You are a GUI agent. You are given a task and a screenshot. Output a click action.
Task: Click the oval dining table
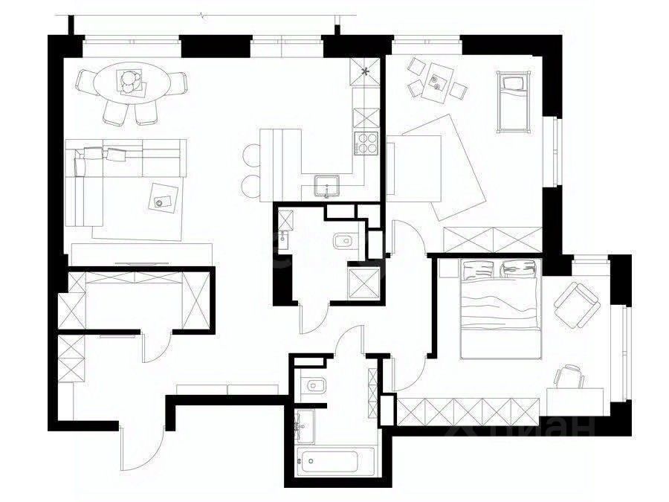pos(132,83)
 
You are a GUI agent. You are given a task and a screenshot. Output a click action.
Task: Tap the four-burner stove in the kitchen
pos(366,144)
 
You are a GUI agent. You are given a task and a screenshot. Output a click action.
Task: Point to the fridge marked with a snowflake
pos(366,72)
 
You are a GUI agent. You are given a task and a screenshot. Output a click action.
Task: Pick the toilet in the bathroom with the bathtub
pos(312,385)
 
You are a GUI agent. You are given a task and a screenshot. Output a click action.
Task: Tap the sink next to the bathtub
pos(303,426)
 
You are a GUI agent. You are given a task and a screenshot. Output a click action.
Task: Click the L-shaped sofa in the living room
pos(111,171)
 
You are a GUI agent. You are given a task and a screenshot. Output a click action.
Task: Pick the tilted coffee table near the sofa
pos(164,199)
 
